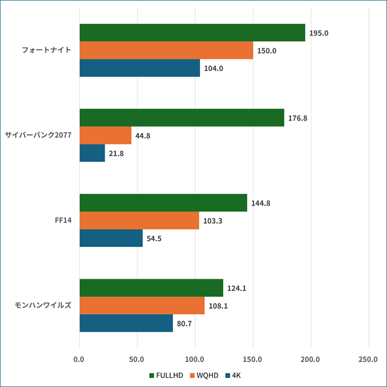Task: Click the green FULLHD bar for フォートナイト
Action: [x=192, y=33]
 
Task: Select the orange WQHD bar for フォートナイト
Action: [x=166, y=50]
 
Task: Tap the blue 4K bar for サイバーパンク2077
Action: [x=92, y=153]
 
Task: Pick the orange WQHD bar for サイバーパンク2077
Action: [x=105, y=135]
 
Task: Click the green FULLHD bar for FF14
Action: [x=163, y=203]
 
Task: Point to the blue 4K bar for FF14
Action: [x=111, y=238]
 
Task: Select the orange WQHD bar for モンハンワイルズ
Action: [x=142, y=306]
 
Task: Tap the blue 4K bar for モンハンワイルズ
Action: [x=126, y=323]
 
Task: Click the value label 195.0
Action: [x=319, y=33]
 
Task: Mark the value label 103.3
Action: [x=213, y=221]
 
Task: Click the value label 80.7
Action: [x=187, y=323]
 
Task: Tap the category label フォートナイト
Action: [x=46, y=50]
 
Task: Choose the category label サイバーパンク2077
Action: [x=38, y=135]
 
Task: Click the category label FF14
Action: [x=63, y=221]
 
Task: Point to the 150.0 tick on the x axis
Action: [x=253, y=359]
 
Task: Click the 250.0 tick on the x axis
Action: [x=368, y=359]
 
